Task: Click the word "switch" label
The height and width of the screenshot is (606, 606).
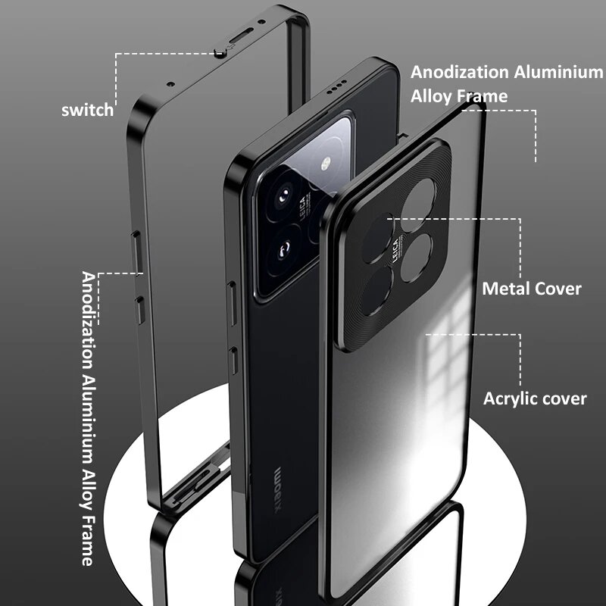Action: (x=87, y=110)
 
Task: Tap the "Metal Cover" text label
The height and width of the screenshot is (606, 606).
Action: (x=532, y=289)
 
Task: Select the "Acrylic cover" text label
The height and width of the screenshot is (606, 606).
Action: (x=535, y=398)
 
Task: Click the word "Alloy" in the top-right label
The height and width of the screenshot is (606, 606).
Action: (x=436, y=96)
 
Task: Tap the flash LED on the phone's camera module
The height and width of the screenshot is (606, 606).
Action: (x=327, y=164)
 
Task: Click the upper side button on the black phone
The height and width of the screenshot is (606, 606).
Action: (x=231, y=298)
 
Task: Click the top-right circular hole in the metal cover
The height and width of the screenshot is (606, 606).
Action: (x=419, y=201)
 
